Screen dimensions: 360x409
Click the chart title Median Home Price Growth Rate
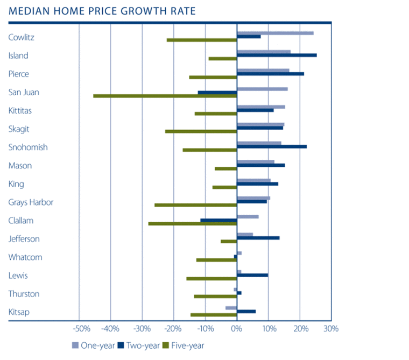pyautogui.click(x=102, y=11)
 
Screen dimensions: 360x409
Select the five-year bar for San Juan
pyautogui.click(x=165, y=96)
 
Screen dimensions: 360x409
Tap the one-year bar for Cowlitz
pyautogui.click(x=275, y=33)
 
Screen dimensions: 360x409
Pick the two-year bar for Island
pyautogui.click(x=277, y=55)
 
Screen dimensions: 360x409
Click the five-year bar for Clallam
pyautogui.click(x=193, y=223)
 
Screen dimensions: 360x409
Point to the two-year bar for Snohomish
pyautogui.click(x=272, y=146)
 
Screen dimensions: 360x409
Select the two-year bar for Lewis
pyautogui.click(x=252, y=275)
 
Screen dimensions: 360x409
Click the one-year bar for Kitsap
pyautogui.click(x=231, y=308)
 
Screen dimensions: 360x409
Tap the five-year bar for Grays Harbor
pyautogui.click(x=196, y=205)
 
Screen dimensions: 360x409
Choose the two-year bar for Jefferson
pyautogui.click(x=258, y=237)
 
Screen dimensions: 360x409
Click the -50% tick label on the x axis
pyautogui.click(x=80, y=329)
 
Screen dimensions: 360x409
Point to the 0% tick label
pyautogui.click(x=237, y=329)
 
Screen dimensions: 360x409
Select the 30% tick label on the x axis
pyautogui.click(x=331, y=329)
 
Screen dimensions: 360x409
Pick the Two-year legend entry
pyautogui.click(x=138, y=345)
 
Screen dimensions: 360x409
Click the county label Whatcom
pyautogui.click(x=25, y=257)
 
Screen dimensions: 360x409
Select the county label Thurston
pyautogui.click(x=24, y=294)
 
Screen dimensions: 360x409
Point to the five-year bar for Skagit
pyautogui.click(x=201, y=131)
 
